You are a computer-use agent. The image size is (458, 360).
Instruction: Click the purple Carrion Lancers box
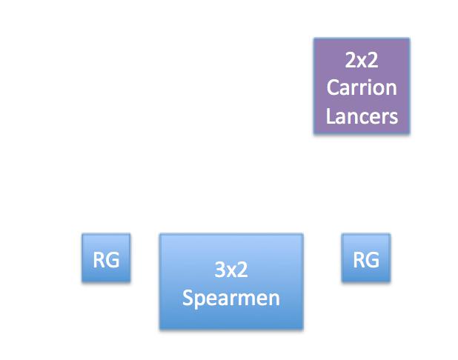click(362, 86)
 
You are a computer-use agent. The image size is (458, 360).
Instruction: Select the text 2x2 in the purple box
click(362, 59)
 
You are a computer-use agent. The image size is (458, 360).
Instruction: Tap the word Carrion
click(362, 87)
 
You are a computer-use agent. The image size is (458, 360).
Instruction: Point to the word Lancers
click(362, 116)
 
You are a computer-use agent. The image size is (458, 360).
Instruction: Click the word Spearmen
click(231, 298)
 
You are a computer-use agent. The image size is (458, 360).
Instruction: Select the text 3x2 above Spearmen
click(231, 270)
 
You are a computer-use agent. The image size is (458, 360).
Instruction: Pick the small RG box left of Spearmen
click(106, 258)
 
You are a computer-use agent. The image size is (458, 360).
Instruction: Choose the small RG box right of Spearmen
click(366, 258)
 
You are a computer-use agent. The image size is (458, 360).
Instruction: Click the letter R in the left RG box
click(99, 259)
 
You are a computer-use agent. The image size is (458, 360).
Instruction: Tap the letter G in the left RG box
click(113, 259)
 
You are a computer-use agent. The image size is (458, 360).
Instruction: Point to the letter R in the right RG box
click(359, 259)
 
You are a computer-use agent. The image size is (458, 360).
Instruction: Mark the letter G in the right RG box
click(373, 259)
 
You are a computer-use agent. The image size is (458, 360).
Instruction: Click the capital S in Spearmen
click(187, 298)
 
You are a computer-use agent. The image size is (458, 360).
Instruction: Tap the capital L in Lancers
click(331, 116)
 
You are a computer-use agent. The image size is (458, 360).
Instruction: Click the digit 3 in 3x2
click(220, 270)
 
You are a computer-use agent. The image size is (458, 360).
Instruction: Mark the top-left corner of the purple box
click(314, 39)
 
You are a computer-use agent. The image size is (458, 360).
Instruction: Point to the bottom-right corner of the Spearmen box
click(302, 328)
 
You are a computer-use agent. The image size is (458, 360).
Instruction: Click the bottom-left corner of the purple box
click(314, 133)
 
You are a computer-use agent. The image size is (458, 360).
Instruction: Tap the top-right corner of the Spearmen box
click(302, 235)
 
